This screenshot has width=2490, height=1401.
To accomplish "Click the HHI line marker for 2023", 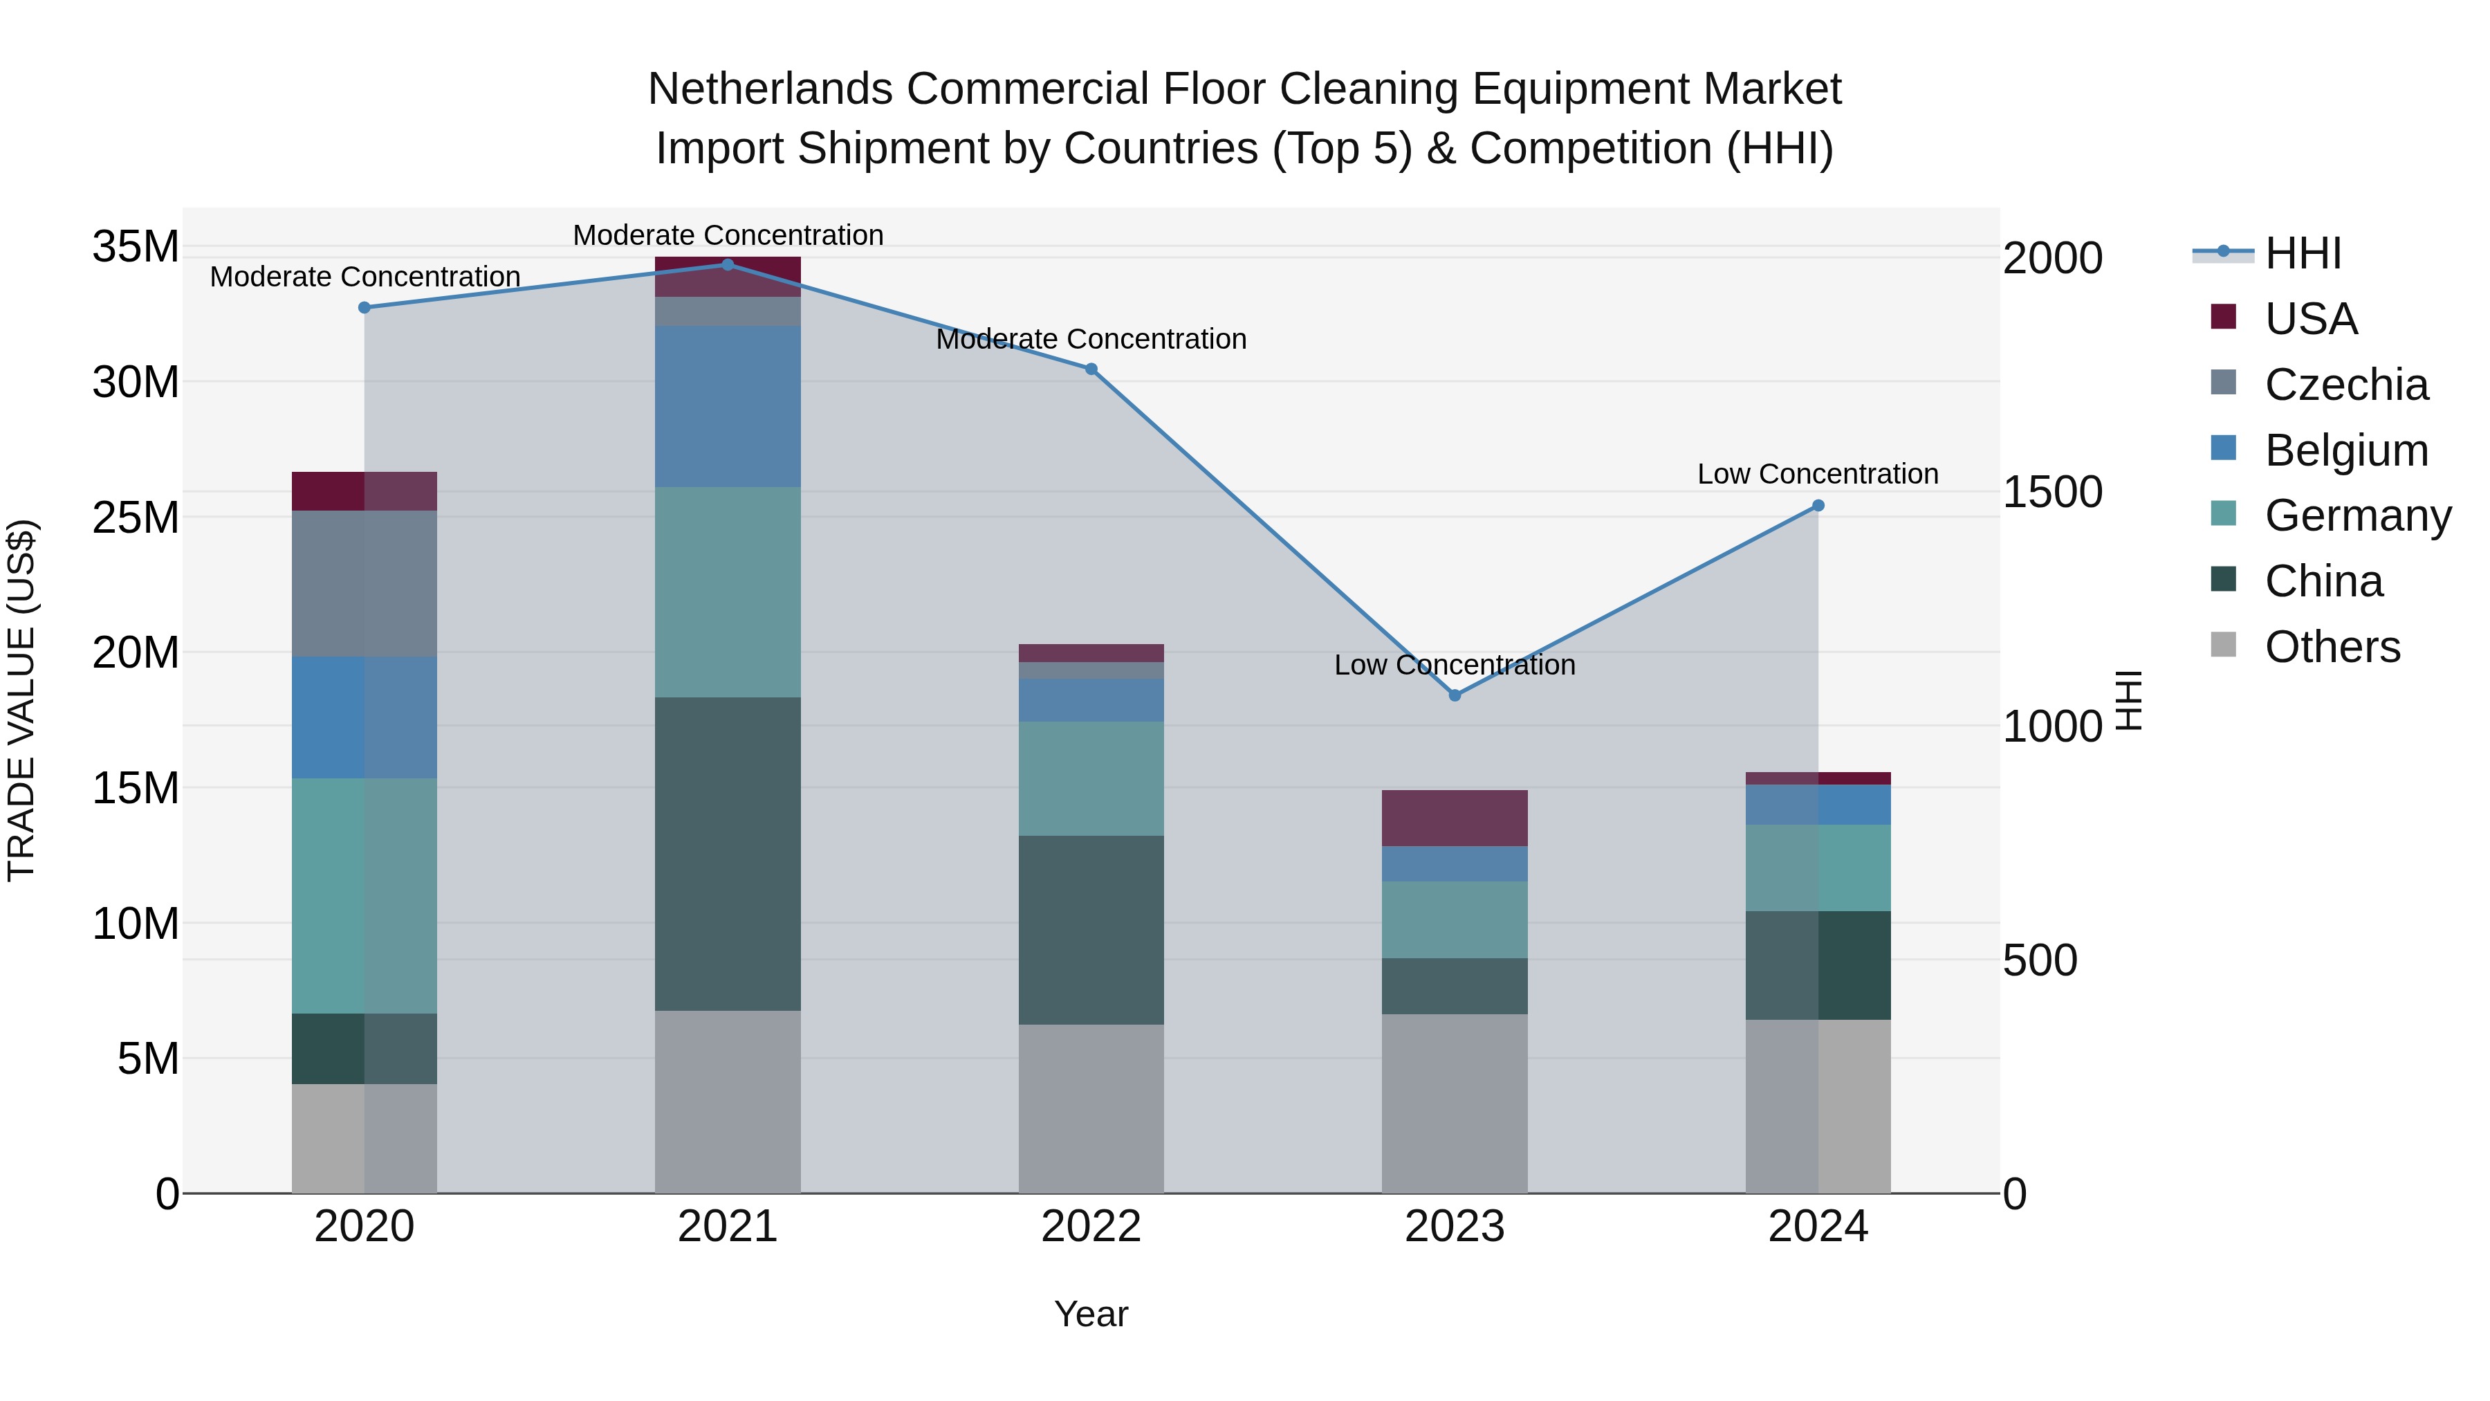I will [x=1455, y=695].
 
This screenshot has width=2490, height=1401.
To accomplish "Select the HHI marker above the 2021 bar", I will [x=728, y=265].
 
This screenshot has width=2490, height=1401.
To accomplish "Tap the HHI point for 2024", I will [x=1818, y=506].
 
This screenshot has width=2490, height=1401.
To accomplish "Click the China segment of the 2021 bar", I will [x=728, y=854].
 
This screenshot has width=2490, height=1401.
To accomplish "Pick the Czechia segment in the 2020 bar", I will [x=365, y=584].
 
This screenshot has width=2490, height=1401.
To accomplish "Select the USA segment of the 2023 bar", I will [x=1455, y=818].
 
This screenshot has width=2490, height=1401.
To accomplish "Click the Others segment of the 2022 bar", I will [x=1091, y=1108].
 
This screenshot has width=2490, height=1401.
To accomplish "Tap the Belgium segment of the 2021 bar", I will [x=728, y=406].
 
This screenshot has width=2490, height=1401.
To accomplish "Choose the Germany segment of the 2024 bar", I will [x=1818, y=868].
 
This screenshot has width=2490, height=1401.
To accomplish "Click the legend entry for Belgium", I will [x=2346, y=450].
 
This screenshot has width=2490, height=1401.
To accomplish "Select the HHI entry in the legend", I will [x=2303, y=253].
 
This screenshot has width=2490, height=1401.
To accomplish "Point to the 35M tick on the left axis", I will [x=136, y=246].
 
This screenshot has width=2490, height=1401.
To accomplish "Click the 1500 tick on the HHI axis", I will [x=2052, y=492].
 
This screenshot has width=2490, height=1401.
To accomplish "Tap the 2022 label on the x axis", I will [x=1091, y=1227].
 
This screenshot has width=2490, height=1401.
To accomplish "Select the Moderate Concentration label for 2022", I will [x=1091, y=340].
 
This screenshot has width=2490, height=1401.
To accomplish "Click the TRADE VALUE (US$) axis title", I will [x=21, y=700].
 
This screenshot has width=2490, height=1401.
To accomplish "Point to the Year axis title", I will [x=1091, y=1314].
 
